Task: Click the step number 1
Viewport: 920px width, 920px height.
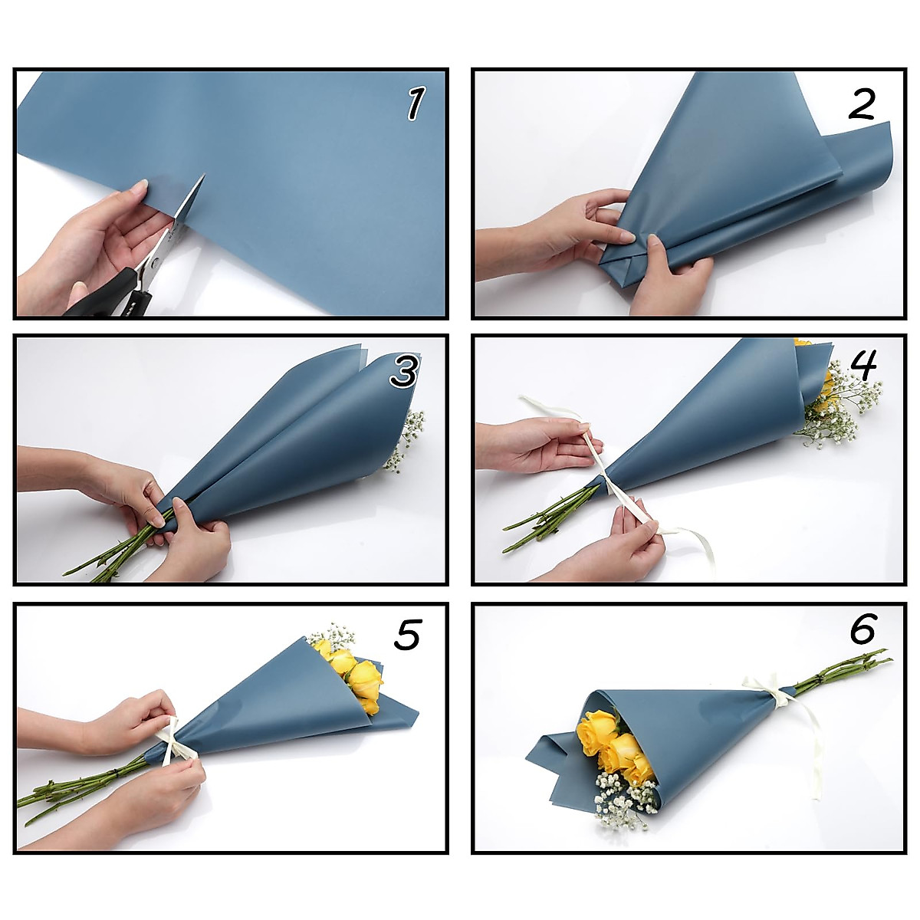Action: (415, 103)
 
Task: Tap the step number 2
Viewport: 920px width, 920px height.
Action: (861, 103)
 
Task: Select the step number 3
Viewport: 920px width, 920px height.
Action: (404, 370)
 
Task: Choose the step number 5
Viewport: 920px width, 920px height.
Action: (407, 634)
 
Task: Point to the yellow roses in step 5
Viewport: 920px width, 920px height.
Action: (352, 674)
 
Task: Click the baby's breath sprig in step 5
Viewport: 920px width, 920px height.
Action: (333, 635)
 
